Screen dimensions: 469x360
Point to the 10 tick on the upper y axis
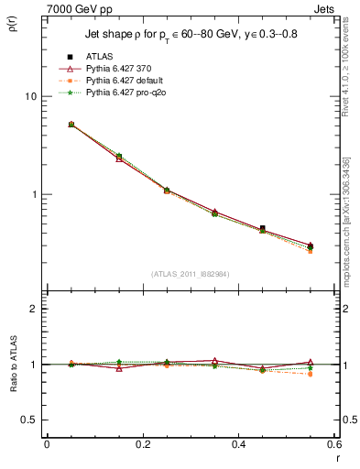click(30, 96)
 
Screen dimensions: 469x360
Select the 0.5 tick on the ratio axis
click(29, 420)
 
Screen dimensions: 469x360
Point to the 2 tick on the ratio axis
click(33, 309)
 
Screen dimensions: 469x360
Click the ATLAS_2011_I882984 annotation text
click(190, 274)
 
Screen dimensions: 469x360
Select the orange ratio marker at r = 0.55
click(311, 374)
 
